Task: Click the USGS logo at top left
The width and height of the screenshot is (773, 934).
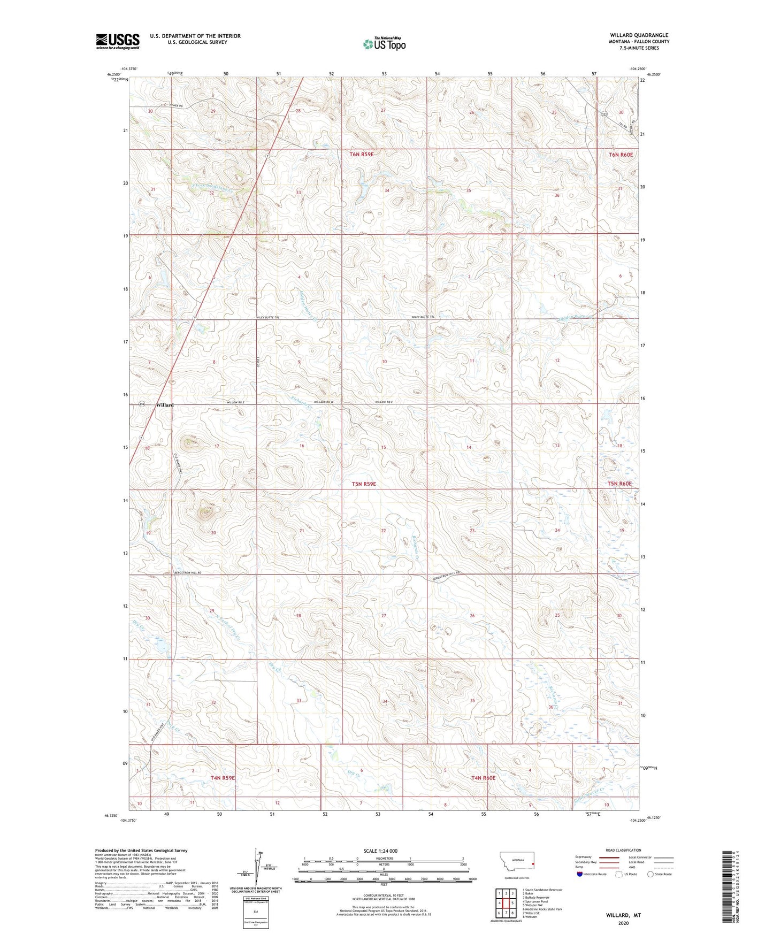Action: [x=118, y=41]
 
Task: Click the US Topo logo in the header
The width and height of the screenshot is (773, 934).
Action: [x=384, y=44]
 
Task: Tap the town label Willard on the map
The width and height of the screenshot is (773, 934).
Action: [x=165, y=405]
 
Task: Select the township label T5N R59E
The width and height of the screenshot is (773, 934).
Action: [x=364, y=484]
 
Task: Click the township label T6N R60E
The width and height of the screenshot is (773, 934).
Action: [x=621, y=155]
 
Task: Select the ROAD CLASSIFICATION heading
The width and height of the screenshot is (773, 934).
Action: [x=623, y=850]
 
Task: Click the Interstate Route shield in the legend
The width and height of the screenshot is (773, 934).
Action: [x=580, y=875]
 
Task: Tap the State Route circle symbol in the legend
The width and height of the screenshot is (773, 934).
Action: [x=650, y=875]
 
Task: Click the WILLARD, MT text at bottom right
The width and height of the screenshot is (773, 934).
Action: [x=623, y=915]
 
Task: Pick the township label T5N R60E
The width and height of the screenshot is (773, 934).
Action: [x=619, y=484]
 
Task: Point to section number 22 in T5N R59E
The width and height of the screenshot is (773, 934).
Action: [x=383, y=531]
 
